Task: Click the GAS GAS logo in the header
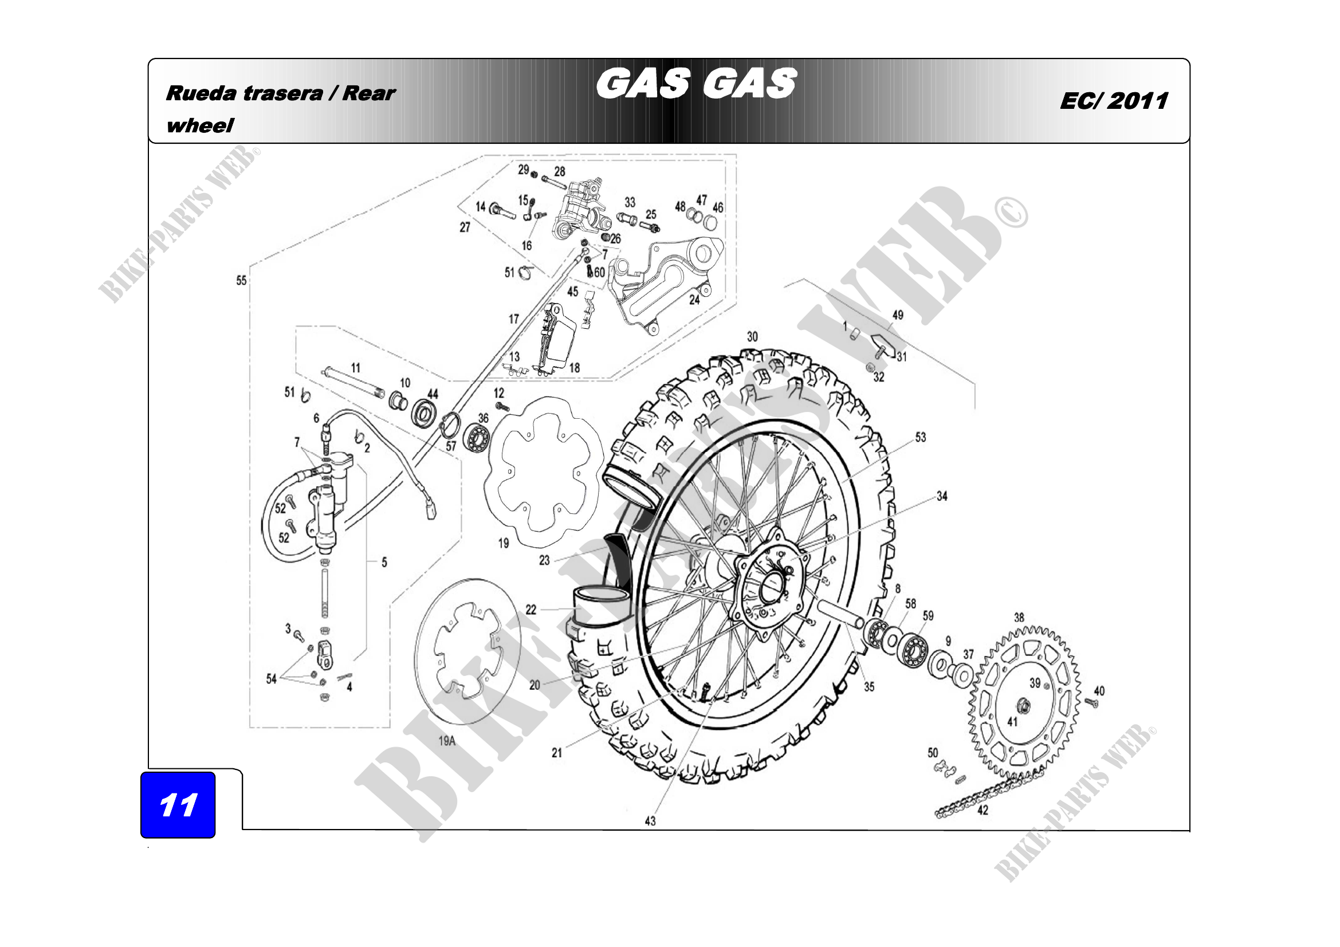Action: (x=695, y=83)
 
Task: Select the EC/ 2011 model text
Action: (x=1114, y=101)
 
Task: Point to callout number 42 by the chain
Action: (x=983, y=810)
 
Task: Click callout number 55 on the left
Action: (x=242, y=281)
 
